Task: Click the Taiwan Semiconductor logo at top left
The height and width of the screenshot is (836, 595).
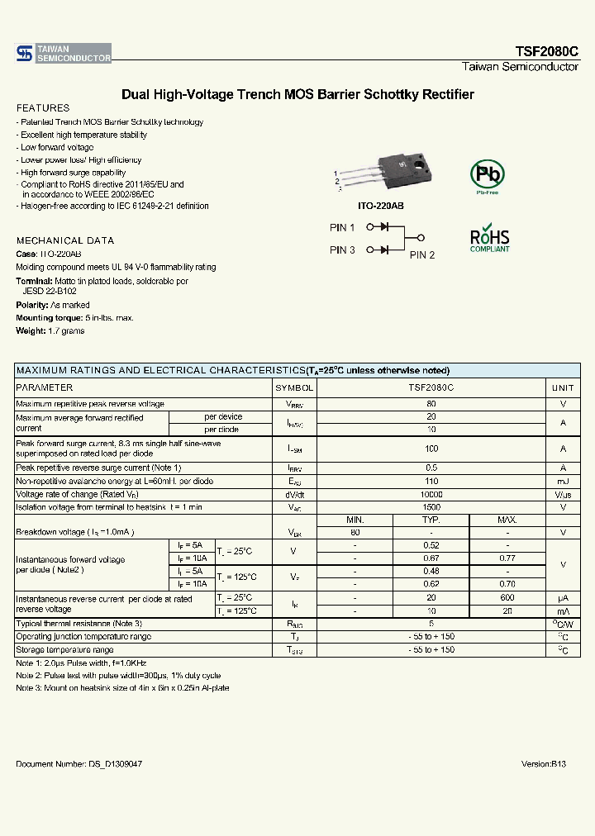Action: coord(63,54)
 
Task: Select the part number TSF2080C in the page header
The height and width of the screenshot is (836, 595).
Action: coord(547,51)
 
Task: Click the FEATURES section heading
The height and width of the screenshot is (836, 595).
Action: coord(43,108)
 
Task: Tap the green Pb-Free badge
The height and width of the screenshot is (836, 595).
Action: coord(486,175)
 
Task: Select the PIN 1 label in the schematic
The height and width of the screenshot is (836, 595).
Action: coord(342,228)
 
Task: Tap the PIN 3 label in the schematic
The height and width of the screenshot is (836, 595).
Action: coord(342,250)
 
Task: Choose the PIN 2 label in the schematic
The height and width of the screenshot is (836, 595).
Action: coord(422,255)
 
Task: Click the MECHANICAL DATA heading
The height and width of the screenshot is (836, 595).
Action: coord(65,240)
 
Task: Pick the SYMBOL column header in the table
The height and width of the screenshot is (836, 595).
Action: coord(294,387)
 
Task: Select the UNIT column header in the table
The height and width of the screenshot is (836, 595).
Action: coord(563,387)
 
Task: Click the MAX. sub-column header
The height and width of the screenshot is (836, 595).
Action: coord(507,520)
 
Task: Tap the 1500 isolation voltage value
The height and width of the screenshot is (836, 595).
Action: coord(431,507)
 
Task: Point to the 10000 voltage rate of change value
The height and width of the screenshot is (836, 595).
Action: coord(431,494)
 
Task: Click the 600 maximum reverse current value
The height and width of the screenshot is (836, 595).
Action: coord(507,597)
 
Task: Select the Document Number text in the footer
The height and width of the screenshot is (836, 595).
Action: coord(79,765)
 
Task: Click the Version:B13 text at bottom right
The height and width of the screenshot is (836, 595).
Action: coord(544,765)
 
